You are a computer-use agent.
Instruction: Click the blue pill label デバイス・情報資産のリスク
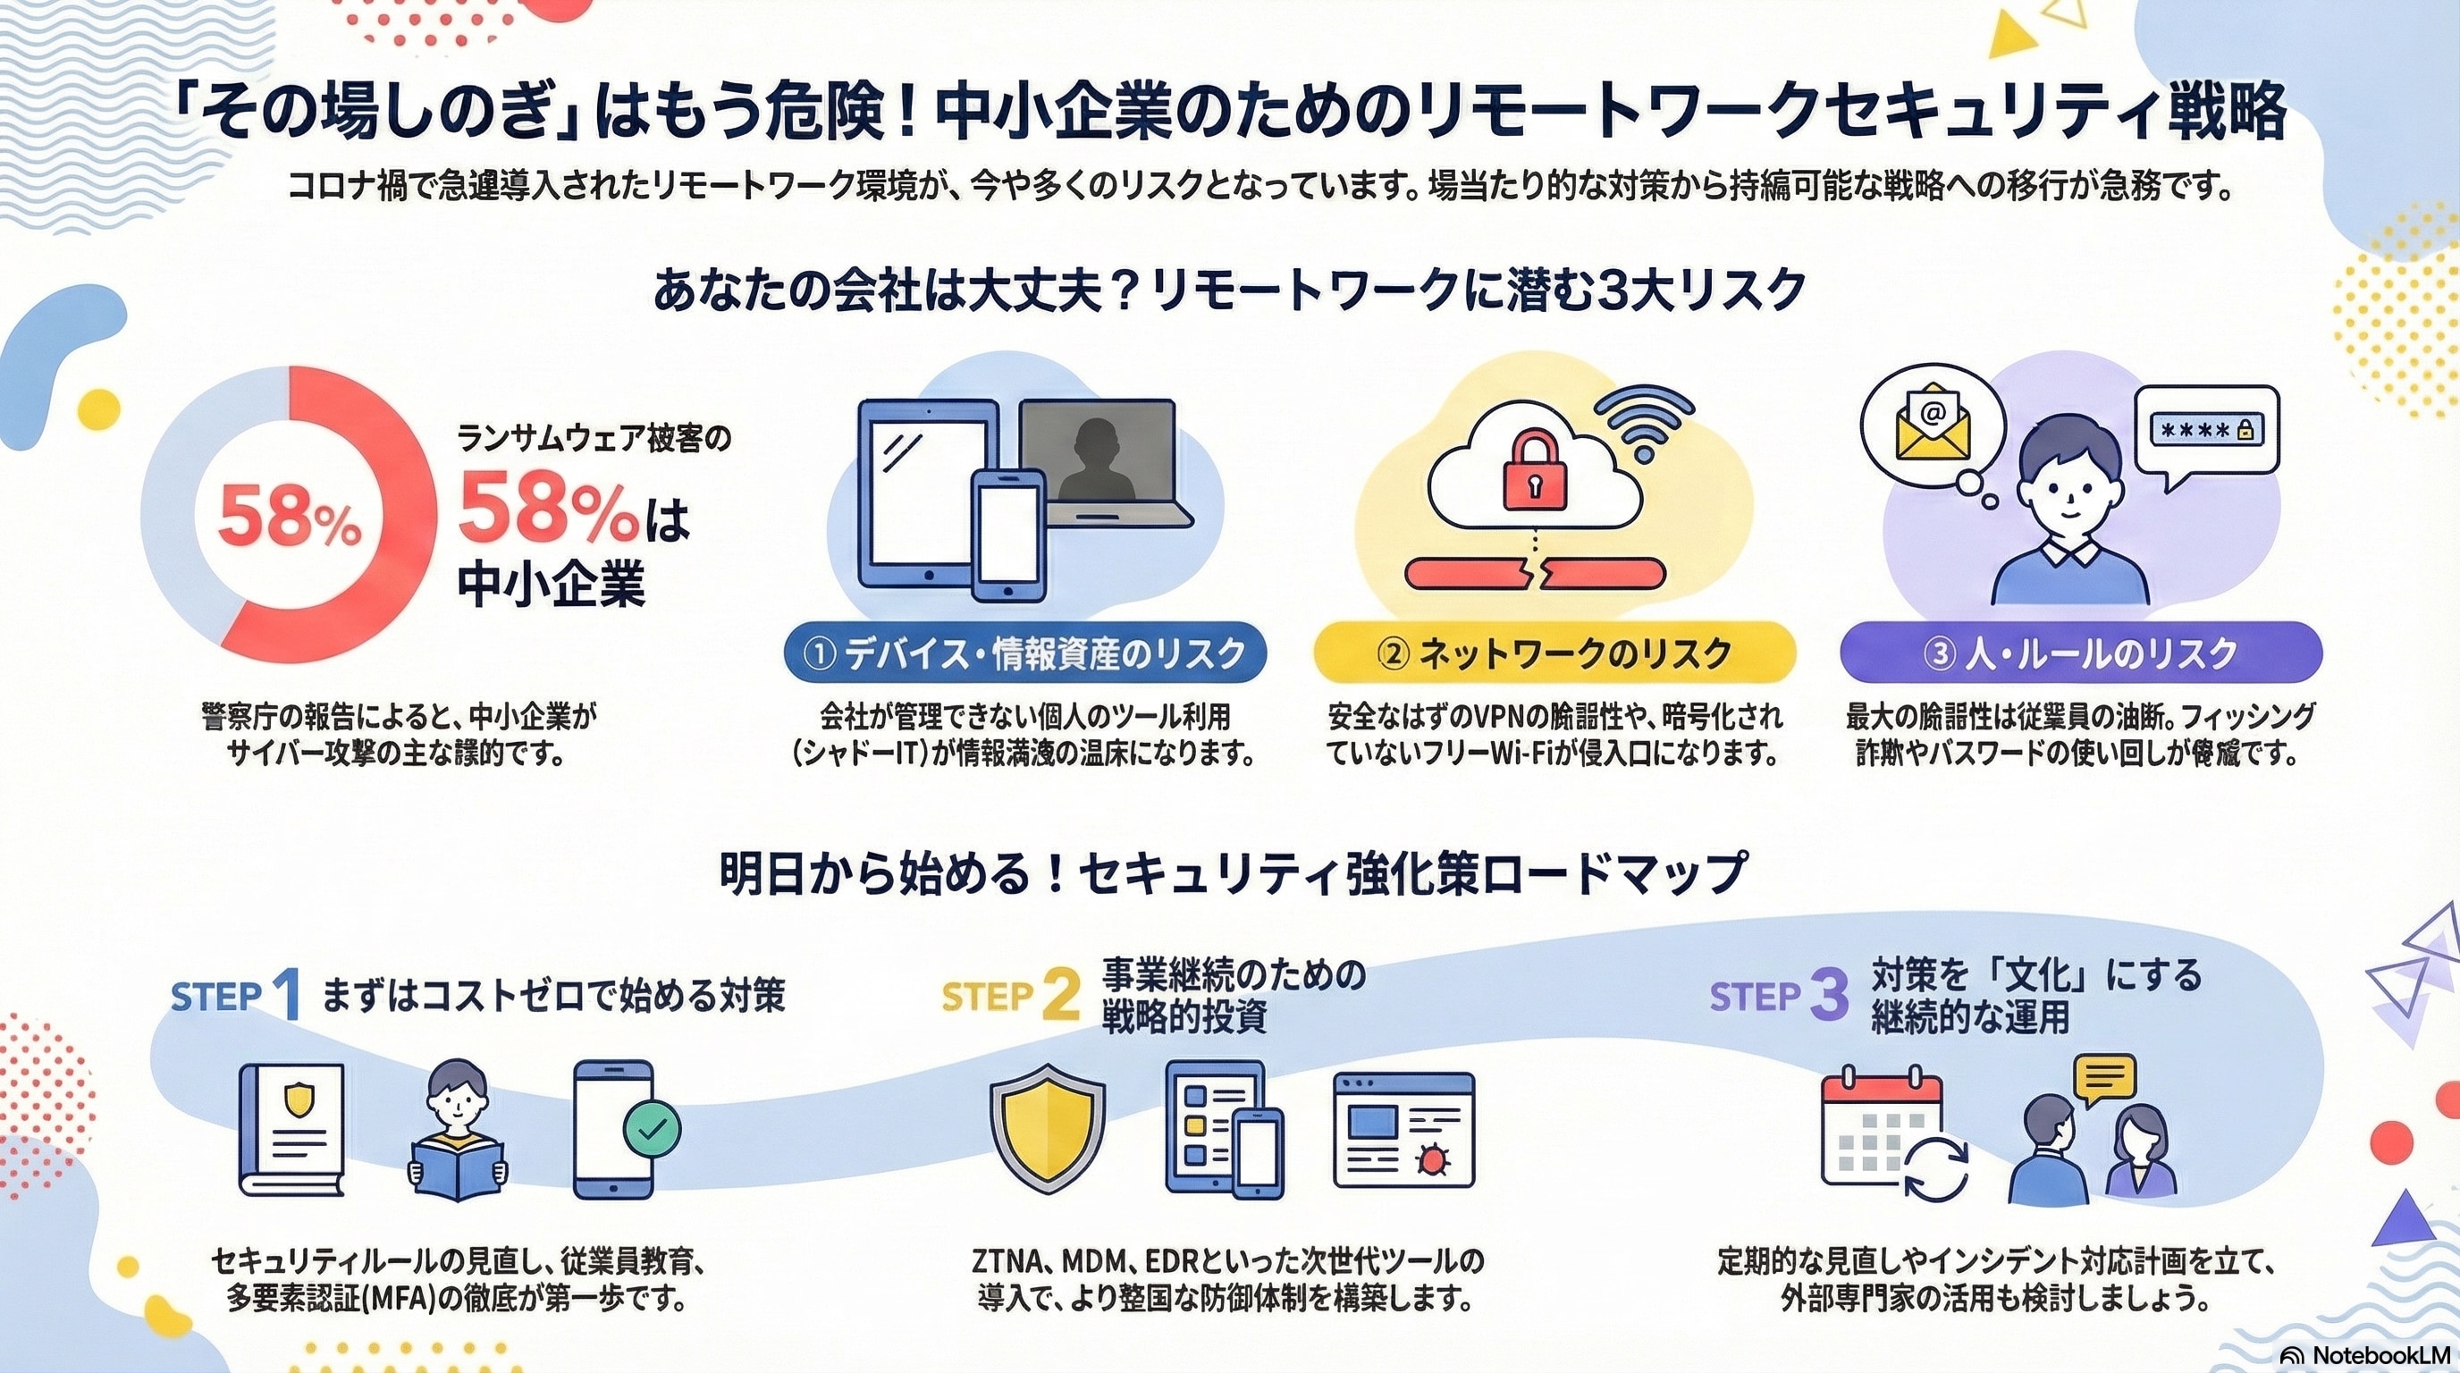[1024, 654]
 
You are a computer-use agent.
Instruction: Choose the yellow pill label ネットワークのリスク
[1554, 654]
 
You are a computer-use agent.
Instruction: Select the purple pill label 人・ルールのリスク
[2081, 654]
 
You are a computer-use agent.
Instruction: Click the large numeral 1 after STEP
[285, 996]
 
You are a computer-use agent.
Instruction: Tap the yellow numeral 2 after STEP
[1061, 996]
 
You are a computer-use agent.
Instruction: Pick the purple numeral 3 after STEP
[1828, 996]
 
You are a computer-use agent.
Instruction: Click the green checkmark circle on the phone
[652, 1130]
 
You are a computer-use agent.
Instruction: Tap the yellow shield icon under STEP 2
[1047, 1133]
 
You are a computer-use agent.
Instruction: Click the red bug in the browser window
[1435, 1160]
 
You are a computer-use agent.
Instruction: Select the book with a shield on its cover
[291, 1130]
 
